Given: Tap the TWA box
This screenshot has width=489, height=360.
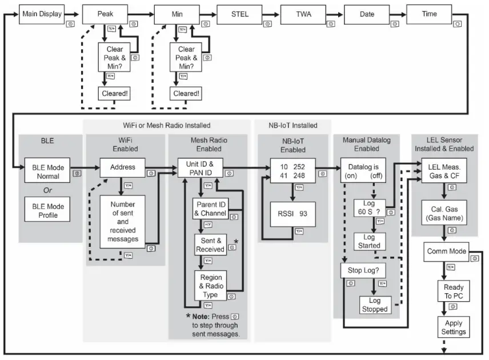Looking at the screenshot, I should pos(303,13).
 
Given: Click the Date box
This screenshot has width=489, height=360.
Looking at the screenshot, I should pos(366,13).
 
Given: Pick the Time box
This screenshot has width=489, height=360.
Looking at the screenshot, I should pos(429,13).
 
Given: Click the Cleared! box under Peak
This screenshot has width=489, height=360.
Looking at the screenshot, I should pos(113,93).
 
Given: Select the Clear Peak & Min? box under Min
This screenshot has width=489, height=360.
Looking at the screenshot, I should pos(186,57).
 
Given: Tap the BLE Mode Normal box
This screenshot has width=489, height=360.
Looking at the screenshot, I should pos(48,171).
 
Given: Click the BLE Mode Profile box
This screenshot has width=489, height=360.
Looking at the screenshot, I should pos(48,210).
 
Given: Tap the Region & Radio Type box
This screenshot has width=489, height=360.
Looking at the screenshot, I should pos(210,286).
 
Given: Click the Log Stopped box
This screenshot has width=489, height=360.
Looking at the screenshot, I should pos(375,305).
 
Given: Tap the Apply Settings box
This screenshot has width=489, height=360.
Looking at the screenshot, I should pos(452,327).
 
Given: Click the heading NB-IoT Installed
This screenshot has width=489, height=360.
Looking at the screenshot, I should pos(293,125).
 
